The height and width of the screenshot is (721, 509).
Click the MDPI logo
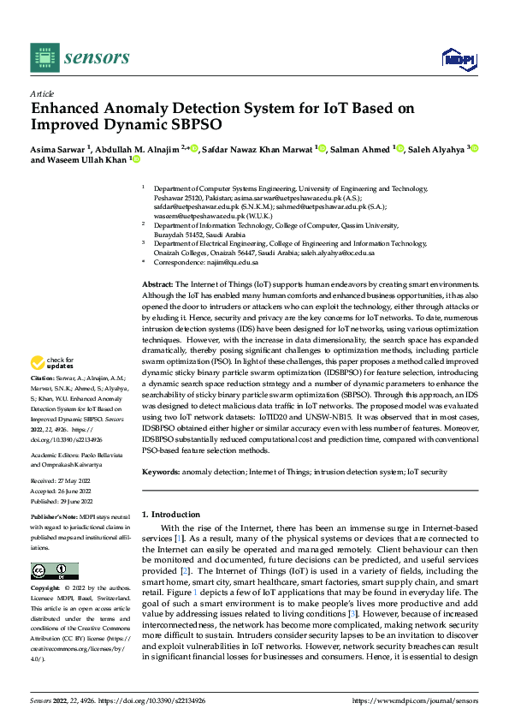(x=458, y=57)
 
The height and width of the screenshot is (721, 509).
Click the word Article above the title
(x=42, y=93)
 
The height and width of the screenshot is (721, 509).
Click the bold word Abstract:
(x=157, y=283)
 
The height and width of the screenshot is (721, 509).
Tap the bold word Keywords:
(x=161, y=472)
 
